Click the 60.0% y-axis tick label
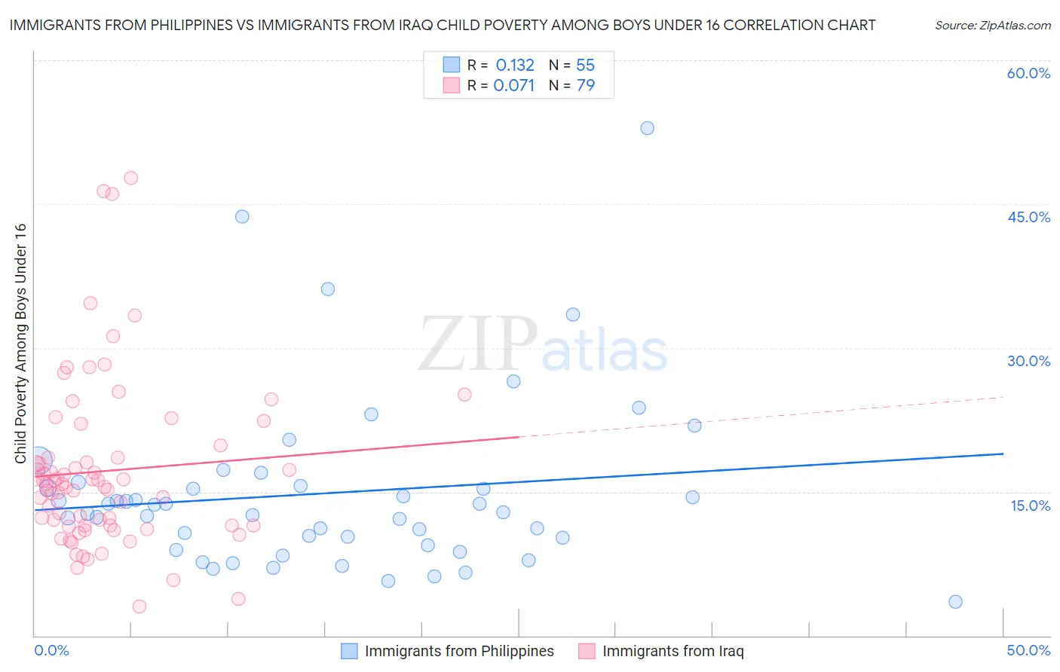tap(1028, 73)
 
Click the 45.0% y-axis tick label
tap(1028, 217)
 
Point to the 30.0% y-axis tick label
tap(1028, 361)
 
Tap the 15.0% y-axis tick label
tap(1030, 505)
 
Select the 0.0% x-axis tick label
tap(51, 650)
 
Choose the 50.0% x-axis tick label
tap(1028, 650)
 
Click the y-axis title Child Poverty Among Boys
tap(20, 344)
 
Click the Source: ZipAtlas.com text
tap(992, 25)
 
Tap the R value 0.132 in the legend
tap(515, 65)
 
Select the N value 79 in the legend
tap(586, 85)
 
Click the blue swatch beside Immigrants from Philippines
tap(349, 651)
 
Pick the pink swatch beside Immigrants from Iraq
tap(587, 651)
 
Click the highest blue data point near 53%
tap(647, 128)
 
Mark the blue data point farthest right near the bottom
tap(955, 601)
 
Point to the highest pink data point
tap(130, 179)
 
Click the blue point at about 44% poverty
tap(242, 216)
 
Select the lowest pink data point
tap(139, 606)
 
